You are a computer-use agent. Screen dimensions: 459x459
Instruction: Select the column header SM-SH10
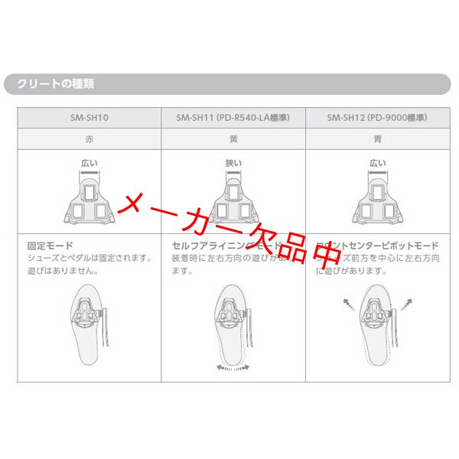coord(90,118)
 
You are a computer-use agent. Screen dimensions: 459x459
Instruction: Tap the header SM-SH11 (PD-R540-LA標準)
coord(233,118)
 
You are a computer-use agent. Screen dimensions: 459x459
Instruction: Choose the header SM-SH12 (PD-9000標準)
coord(377,118)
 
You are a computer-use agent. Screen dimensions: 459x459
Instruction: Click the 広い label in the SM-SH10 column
coord(90,163)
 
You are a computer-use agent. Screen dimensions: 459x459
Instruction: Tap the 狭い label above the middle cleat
coord(233,163)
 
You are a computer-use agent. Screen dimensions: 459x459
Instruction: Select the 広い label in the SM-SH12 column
coord(377,163)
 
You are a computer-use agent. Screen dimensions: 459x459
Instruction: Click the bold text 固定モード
coord(49,246)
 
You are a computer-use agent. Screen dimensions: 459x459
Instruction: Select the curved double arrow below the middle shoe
coord(233,368)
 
